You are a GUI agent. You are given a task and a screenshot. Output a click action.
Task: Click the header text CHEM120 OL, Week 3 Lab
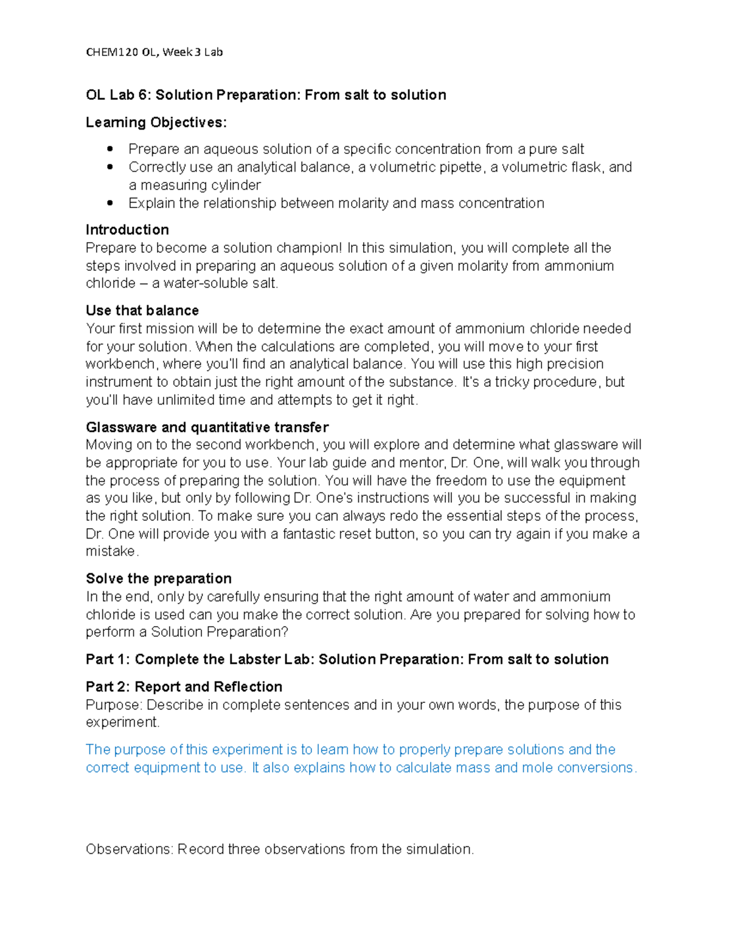pyautogui.click(x=155, y=52)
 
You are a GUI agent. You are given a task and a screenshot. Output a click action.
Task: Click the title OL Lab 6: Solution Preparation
pyautogui.click(x=266, y=95)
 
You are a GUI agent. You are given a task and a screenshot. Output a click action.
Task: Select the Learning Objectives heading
pyautogui.click(x=156, y=122)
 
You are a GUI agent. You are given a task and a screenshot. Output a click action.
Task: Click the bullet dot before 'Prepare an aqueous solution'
pyautogui.click(x=110, y=149)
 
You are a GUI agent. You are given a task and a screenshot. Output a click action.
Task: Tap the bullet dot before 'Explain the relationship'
pyautogui.click(x=110, y=203)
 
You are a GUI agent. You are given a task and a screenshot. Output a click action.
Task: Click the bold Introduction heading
pyautogui.click(x=127, y=229)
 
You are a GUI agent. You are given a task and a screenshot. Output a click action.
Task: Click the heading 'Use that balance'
pyautogui.click(x=142, y=310)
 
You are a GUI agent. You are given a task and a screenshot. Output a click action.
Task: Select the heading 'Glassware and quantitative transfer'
pyautogui.click(x=207, y=427)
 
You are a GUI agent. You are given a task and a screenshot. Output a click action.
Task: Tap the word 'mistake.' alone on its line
pyautogui.click(x=113, y=551)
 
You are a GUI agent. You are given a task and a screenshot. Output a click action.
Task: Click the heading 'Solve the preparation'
pyautogui.click(x=159, y=579)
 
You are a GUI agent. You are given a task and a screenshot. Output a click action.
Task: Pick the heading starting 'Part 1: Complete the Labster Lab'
pyautogui.click(x=347, y=660)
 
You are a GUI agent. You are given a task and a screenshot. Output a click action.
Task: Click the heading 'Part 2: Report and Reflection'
pyautogui.click(x=184, y=687)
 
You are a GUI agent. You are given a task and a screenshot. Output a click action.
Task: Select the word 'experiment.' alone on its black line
pyautogui.click(x=122, y=722)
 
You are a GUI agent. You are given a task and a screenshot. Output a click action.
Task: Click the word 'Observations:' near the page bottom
pyautogui.click(x=129, y=849)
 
